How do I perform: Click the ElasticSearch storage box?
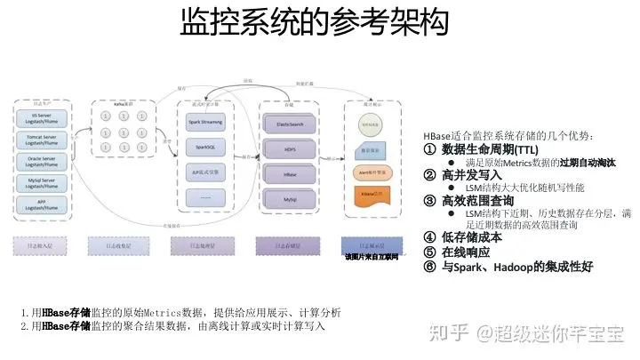click(290, 124)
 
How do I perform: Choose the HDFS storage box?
click(290, 150)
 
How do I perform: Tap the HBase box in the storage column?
click(290, 175)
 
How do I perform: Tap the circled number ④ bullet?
click(430, 237)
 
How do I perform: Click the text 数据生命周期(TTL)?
click(490, 149)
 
